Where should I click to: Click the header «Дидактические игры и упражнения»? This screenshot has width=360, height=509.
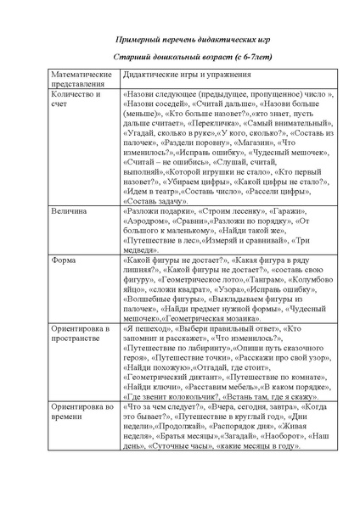(x=187, y=76)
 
